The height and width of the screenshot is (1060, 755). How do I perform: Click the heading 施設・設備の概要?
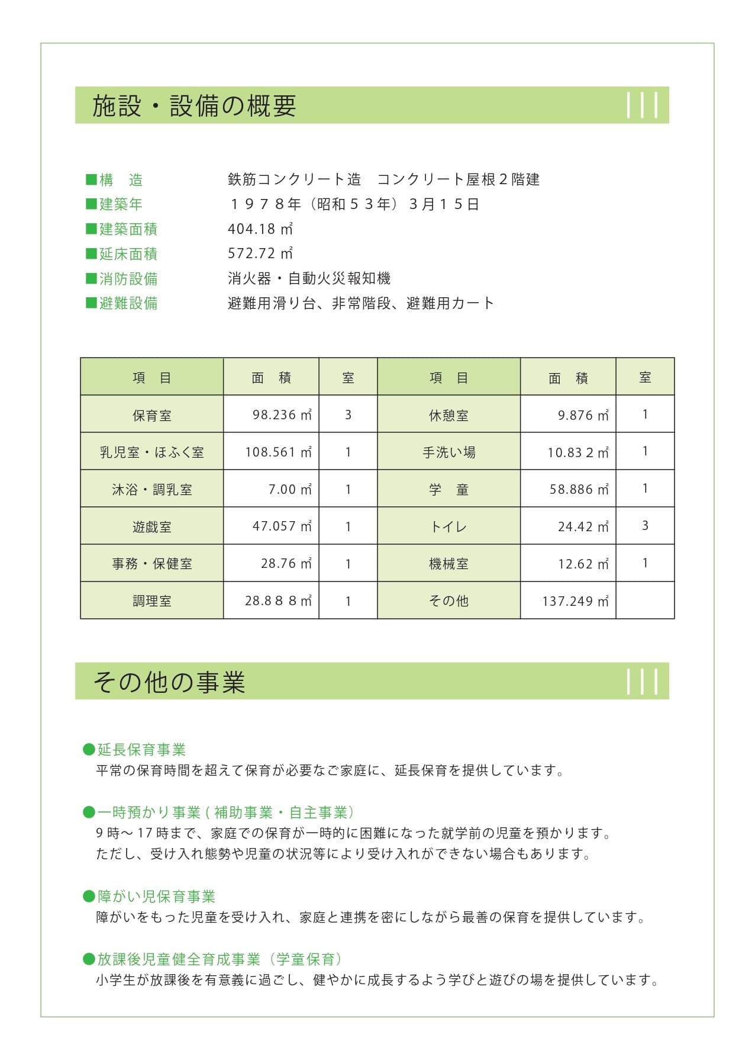tap(194, 106)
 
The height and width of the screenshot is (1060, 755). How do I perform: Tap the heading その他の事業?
tap(169, 682)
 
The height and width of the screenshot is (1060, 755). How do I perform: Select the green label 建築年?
tap(121, 204)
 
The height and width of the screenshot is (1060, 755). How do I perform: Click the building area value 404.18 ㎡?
tap(260, 229)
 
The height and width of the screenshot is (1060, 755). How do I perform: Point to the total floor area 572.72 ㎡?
tap(260, 253)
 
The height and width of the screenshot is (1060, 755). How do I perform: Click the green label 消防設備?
tap(128, 278)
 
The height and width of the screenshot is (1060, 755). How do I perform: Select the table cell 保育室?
tap(152, 415)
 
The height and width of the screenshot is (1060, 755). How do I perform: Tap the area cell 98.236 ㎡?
tap(282, 415)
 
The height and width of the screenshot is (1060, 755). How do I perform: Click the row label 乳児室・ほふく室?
tap(152, 452)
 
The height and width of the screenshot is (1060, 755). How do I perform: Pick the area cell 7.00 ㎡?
tap(290, 489)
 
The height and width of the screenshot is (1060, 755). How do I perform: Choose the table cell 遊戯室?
tap(152, 526)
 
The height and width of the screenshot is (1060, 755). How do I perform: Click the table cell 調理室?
tap(152, 601)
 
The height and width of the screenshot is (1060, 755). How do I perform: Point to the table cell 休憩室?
tap(449, 415)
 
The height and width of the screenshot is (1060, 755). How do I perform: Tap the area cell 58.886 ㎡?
tap(579, 489)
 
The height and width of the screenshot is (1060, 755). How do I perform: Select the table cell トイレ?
tap(449, 526)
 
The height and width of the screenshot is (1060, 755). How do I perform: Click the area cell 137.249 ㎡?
tap(575, 601)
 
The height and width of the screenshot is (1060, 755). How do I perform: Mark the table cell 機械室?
tap(449, 564)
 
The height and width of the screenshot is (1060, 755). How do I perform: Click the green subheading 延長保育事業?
tap(141, 750)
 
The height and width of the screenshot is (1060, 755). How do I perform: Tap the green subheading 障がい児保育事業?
tap(156, 896)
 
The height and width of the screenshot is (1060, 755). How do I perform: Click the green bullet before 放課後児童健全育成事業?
tap(89, 959)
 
